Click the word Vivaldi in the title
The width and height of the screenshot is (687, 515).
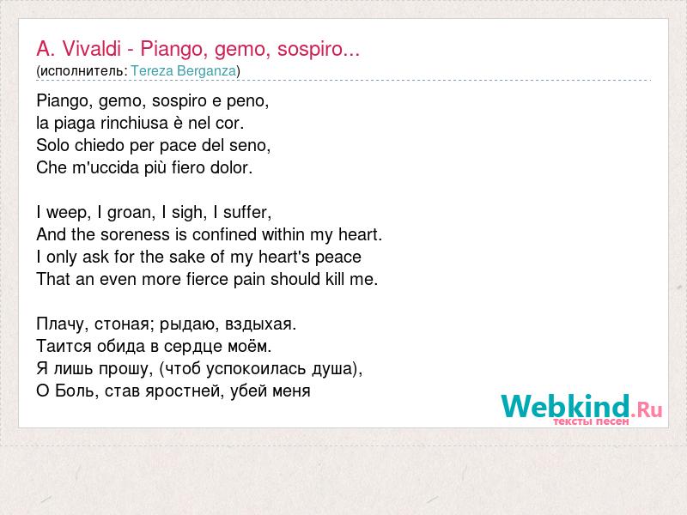(x=92, y=49)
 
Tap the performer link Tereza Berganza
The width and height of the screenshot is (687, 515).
(x=184, y=71)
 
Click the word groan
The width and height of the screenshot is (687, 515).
(x=131, y=213)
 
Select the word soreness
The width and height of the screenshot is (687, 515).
(x=135, y=234)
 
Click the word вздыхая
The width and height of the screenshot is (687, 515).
(x=261, y=324)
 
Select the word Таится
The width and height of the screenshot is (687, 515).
(x=64, y=347)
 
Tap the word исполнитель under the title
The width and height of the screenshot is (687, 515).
(x=82, y=71)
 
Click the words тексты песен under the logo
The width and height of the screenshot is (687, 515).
(x=591, y=421)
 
